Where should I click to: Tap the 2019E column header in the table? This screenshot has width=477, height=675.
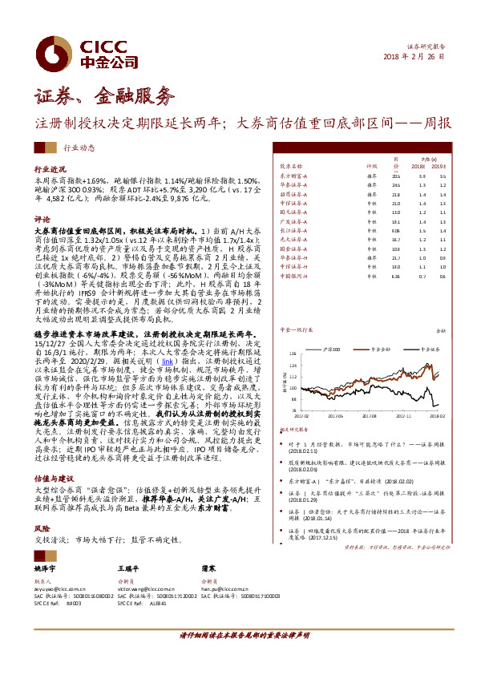tap(442, 165)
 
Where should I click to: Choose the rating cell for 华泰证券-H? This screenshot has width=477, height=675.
tap(371, 257)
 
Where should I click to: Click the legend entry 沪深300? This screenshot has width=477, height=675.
tap(330, 350)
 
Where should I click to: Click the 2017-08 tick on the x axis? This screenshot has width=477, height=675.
tap(370, 416)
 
